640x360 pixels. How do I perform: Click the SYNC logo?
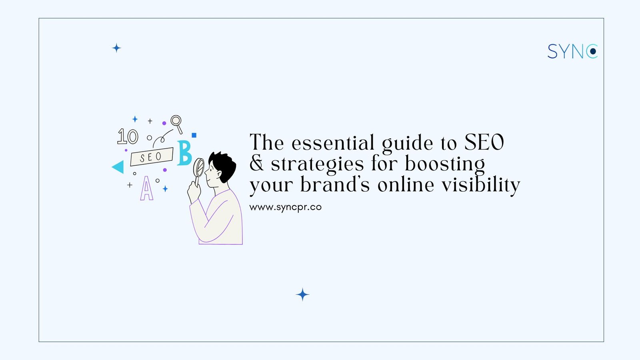[x=572, y=52]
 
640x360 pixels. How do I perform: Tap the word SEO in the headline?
[x=484, y=142]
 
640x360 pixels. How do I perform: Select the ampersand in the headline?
[x=256, y=163]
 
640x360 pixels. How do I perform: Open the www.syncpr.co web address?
[x=285, y=207]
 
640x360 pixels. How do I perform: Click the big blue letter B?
[x=184, y=153]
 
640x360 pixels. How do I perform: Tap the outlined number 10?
[x=128, y=137]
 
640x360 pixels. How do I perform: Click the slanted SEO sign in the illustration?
[x=152, y=157]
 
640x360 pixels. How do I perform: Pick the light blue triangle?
[x=118, y=167]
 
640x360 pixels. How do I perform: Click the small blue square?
[x=194, y=135]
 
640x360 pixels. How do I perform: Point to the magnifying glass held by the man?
[x=199, y=168]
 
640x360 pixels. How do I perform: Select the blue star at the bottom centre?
[x=302, y=295]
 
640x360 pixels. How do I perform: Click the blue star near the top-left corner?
[x=116, y=48]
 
